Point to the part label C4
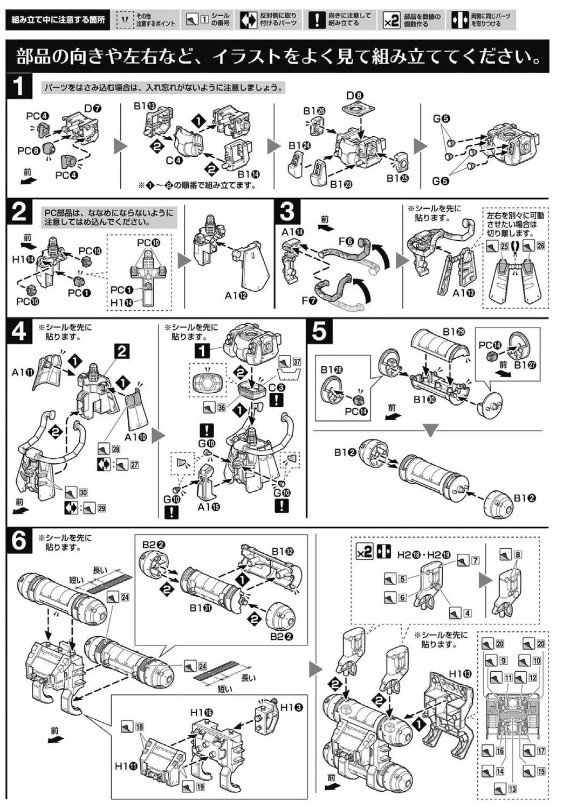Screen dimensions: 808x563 [174, 160]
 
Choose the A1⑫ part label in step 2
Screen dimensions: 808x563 [235, 295]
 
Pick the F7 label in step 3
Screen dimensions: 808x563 [310, 300]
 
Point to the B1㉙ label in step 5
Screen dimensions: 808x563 [452, 332]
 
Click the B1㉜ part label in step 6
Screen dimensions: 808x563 [282, 552]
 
